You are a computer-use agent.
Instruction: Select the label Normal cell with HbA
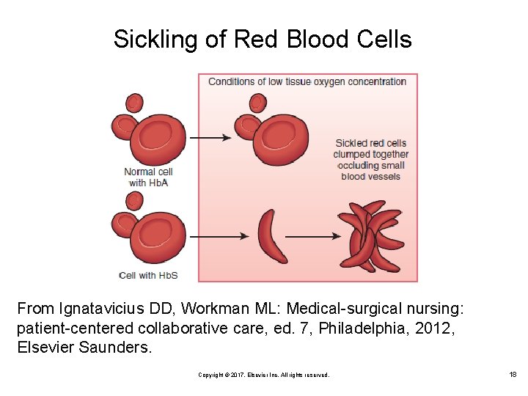(x=148, y=177)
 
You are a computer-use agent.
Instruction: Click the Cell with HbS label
(x=149, y=275)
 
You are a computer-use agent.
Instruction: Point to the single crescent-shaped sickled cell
(x=272, y=236)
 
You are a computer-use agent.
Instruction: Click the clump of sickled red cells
(x=370, y=236)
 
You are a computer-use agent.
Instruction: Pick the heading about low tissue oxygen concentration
(x=307, y=81)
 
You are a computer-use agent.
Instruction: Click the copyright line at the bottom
(x=264, y=375)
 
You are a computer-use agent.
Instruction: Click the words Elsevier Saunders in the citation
(x=84, y=347)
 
